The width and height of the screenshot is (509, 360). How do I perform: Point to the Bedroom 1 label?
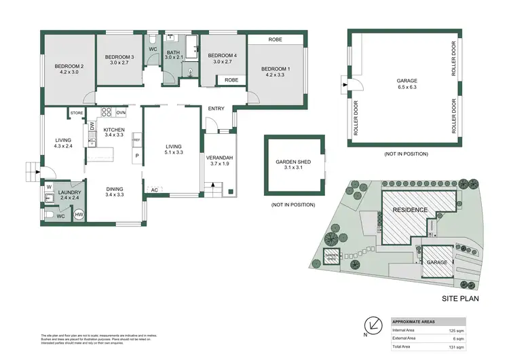click(275, 68)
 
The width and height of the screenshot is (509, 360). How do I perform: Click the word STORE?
click(76, 113)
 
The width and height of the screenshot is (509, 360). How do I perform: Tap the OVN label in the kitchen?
click(121, 112)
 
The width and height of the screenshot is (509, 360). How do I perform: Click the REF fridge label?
click(136, 140)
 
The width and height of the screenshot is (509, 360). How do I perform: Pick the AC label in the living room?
click(155, 190)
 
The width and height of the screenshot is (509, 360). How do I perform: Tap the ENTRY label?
click(216, 109)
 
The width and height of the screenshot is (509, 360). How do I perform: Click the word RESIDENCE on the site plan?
click(411, 210)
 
